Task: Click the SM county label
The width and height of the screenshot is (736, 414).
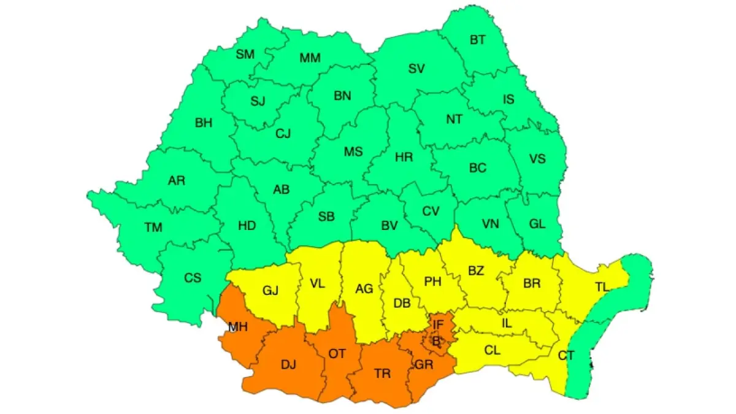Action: pyautogui.click(x=245, y=54)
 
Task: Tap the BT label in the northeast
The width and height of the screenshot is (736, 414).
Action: pyautogui.click(x=477, y=40)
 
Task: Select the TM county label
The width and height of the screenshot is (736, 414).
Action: pyautogui.click(x=153, y=228)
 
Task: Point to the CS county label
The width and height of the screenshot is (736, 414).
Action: pyautogui.click(x=193, y=278)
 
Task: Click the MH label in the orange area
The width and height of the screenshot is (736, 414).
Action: pyautogui.click(x=237, y=327)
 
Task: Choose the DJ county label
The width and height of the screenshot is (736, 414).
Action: pyautogui.click(x=288, y=365)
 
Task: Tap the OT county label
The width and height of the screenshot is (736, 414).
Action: pyautogui.click(x=337, y=354)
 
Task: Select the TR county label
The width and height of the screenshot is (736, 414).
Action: pyautogui.click(x=382, y=373)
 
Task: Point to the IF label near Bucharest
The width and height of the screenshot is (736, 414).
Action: pyautogui.click(x=438, y=324)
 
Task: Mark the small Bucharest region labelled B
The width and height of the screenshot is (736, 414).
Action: pyautogui.click(x=436, y=342)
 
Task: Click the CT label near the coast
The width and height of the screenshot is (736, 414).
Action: pyautogui.click(x=566, y=355)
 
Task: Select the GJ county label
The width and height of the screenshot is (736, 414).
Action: pyautogui.click(x=270, y=291)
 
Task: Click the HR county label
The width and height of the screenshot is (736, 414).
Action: pyautogui.click(x=404, y=157)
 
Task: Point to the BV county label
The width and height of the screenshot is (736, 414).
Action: pyautogui.click(x=389, y=226)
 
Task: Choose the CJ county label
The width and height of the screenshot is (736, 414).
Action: pyautogui.click(x=283, y=132)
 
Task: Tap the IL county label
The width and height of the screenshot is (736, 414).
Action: pyautogui.click(x=507, y=321)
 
